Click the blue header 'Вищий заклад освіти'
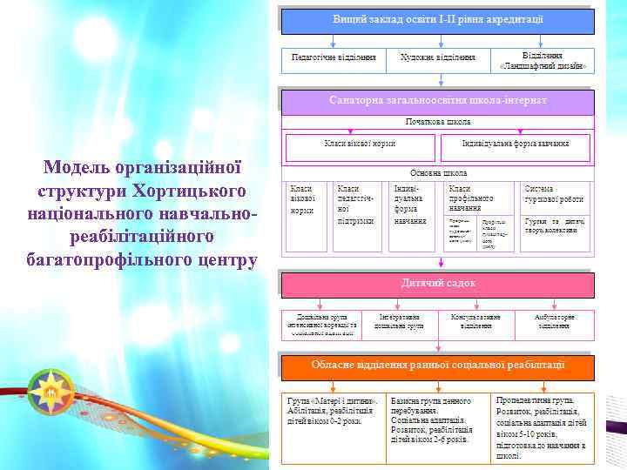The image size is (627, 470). [x=437, y=19]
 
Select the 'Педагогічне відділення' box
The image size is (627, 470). [x=334, y=58]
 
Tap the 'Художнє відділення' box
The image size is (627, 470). [x=437, y=58]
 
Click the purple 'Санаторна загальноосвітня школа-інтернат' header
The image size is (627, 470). [x=437, y=101]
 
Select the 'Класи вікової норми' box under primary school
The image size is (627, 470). [x=360, y=143]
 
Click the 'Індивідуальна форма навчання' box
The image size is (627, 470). [x=516, y=143]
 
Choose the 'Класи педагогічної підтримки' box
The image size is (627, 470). [x=355, y=205]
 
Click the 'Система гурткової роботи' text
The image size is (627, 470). [x=554, y=194]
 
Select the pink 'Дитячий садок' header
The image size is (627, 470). [x=437, y=284]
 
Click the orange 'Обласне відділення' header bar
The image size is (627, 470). [x=437, y=365]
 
